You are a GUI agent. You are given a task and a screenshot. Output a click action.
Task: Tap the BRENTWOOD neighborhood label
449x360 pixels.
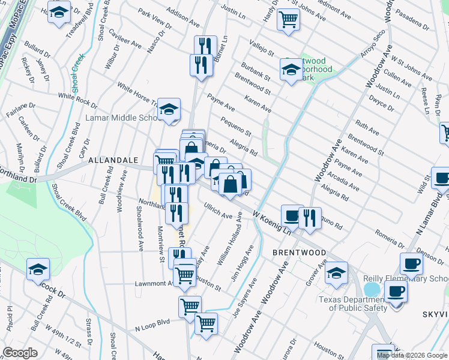tap(299, 253)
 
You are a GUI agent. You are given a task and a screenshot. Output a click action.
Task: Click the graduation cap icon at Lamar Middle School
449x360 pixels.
tap(169, 110)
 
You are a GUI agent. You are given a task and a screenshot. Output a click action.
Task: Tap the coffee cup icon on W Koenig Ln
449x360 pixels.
tap(292, 215)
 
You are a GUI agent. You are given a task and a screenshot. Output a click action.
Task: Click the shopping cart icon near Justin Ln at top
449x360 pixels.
tap(288, 19)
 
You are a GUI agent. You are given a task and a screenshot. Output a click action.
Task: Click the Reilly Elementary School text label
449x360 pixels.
tap(406, 279)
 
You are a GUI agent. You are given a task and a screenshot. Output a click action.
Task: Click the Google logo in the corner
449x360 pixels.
tap(20, 353)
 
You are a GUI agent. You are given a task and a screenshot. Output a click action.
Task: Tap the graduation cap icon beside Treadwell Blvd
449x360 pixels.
tap(59, 13)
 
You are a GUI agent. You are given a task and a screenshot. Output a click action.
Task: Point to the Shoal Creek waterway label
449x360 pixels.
tap(77, 73)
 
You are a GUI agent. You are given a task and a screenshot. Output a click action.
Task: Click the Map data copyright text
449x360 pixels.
tap(412, 355)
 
